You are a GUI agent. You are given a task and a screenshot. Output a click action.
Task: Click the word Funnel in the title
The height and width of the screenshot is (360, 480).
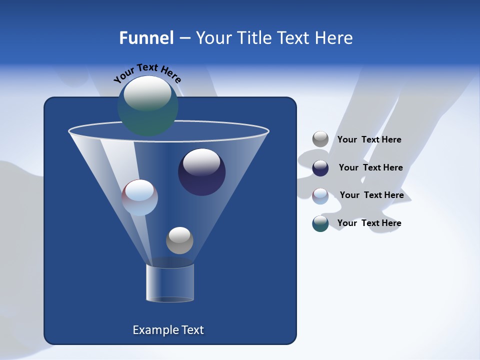(x=146, y=38)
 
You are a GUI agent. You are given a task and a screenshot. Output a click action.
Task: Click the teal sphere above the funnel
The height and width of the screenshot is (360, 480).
(x=147, y=105)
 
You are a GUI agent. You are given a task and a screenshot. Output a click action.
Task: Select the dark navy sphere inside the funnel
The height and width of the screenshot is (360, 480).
(x=201, y=172)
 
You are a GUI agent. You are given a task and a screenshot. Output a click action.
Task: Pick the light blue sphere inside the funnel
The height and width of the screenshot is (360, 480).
(x=139, y=197)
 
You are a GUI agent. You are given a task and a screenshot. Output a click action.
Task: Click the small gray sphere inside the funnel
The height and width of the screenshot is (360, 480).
(x=179, y=240)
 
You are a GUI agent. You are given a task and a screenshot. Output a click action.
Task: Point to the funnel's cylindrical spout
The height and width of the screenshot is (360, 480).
(x=170, y=283)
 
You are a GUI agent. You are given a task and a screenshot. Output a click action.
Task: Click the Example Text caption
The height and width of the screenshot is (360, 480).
(x=168, y=330)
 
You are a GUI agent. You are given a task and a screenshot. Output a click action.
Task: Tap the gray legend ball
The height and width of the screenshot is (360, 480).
(x=320, y=139)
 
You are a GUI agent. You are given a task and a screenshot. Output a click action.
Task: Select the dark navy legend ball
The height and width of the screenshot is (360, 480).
(x=320, y=168)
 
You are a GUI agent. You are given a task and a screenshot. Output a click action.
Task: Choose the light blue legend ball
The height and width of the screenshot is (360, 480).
(x=320, y=195)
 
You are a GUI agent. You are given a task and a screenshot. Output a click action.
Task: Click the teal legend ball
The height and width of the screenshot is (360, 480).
(x=320, y=223)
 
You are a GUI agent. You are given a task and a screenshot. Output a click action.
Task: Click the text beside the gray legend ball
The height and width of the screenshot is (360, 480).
(x=369, y=140)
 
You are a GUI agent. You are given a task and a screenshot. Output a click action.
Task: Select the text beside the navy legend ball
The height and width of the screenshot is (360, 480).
(x=370, y=168)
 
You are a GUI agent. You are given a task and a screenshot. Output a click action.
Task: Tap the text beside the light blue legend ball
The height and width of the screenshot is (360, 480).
(x=371, y=195)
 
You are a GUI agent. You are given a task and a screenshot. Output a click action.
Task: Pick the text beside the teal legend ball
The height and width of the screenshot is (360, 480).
(x=369, y=223)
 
